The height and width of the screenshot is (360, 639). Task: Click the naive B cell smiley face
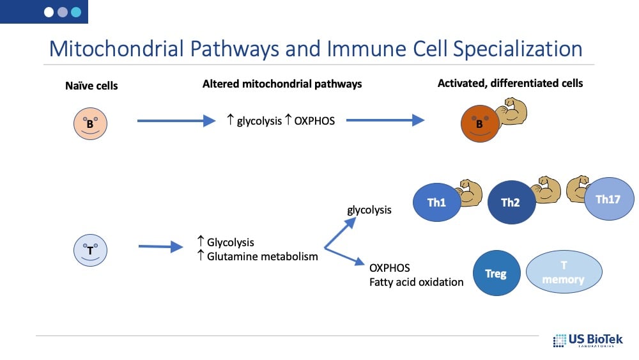[x=90, y=123]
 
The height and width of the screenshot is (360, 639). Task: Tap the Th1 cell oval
[x=437, y=203]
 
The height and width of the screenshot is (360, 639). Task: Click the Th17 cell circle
[x=609, y=199]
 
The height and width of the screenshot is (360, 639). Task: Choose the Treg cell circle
[x=496, y=273]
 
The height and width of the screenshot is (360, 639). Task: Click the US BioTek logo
[x=587, y=340]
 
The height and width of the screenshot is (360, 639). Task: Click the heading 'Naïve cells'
[x=92, y=85]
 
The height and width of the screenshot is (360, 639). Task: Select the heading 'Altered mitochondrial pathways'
[x=282, y=84]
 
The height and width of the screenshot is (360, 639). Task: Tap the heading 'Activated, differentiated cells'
[x=510, y=83]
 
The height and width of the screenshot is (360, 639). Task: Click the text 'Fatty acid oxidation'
[x=416, y=281]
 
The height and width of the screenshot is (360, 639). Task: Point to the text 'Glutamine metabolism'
[x=262, y=256]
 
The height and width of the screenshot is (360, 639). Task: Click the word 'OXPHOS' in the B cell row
[x=314, y=120]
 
